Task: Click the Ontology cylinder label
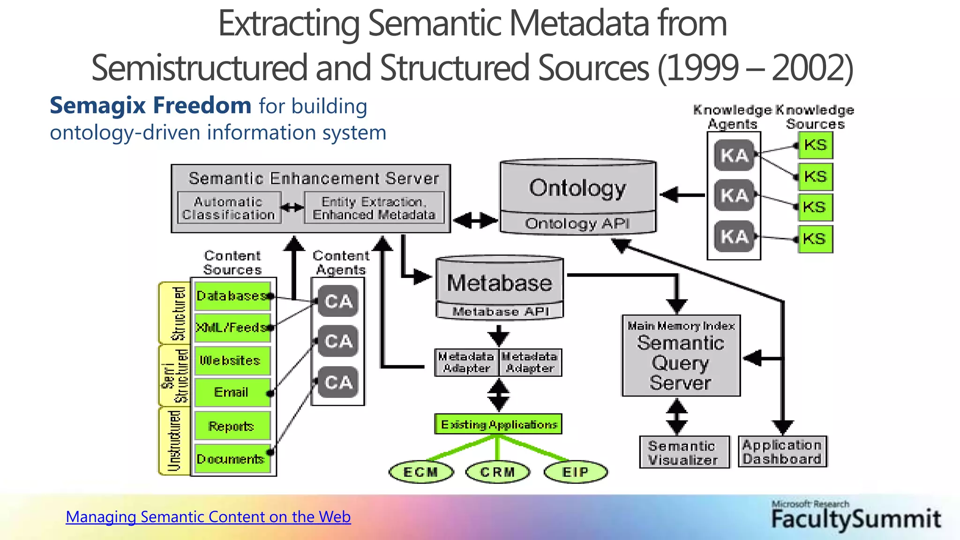point(577,188)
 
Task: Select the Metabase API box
point(500,311)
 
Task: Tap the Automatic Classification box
point(229,208)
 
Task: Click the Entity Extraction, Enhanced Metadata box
point(374,208)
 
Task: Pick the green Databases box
point(232,296)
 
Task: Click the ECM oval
point(421,472)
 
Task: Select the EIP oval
point(576,472)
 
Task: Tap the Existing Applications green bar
point(498,424)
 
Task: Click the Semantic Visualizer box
point(684,452)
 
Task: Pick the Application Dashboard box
point(782,451)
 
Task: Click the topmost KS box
point(815,145)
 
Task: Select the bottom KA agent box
point(734,237)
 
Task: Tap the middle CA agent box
point(338,341)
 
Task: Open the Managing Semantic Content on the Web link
point(208,517)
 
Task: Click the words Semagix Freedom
point(150,105)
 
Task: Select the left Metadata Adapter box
point(466,362)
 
